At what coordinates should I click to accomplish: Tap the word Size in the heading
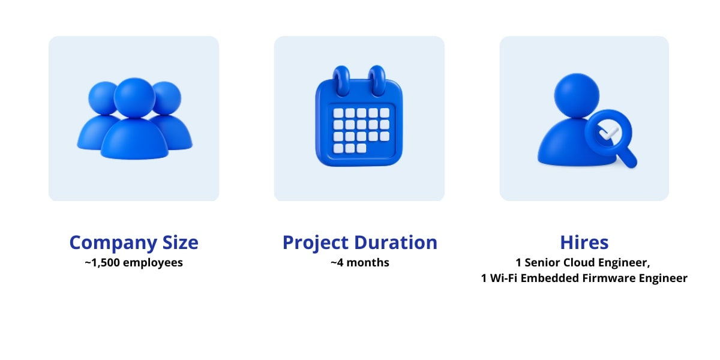(x=178, y=242)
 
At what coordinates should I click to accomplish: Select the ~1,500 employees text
(x=134, y=263)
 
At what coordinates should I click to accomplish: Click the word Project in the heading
(x=316, y=242)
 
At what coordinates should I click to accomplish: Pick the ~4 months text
(x=359, y=263)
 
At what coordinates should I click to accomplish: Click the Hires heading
(x=584, y=242)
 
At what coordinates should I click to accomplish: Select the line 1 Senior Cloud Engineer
(x=583, y=263)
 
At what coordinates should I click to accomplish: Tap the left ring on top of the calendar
(x=341, y=81)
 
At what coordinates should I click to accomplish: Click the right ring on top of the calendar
(x=377, y=81)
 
